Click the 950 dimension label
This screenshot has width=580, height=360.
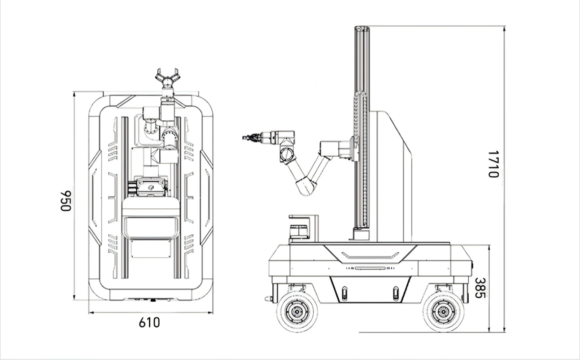click(66, 201)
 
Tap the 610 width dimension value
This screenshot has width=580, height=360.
click(149, 322)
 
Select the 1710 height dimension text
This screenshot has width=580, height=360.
click(493, 164)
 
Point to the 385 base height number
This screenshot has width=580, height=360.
click(480, 288)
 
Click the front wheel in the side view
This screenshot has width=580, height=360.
click(297, 311)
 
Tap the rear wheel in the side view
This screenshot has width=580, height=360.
click(443, 311)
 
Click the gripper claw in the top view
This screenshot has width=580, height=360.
click(167, 77)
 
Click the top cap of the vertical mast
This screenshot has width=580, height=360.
click(362, 28)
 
